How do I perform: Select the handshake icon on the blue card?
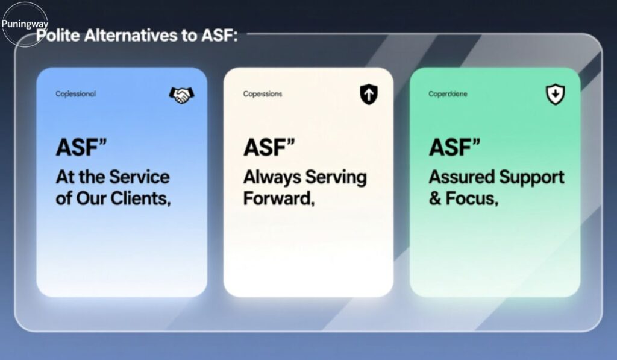[181, 94]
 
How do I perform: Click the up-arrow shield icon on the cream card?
[368, 94]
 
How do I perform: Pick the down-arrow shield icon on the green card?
[555, 94]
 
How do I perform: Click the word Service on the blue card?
[139, 177]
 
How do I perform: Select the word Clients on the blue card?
[139, 199]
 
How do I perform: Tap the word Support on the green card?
[532, 177]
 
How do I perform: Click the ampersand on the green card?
[434, 199]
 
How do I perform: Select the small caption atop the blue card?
[75, 94]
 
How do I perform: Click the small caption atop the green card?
[448, 94]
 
